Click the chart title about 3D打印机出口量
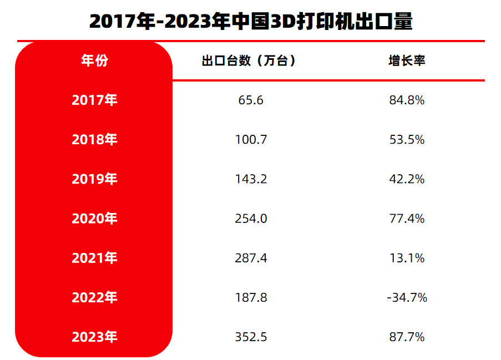point(251,21)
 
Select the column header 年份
point(94,60)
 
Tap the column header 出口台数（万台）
point(249,60)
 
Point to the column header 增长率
point(407,60)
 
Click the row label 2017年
point(94,100)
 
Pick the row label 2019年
point(94,179)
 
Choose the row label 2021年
point(94,258)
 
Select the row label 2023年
point(94,337)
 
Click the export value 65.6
point(251,100)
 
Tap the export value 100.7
point(251,140)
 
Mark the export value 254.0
point(251,219)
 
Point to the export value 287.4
point(251,258)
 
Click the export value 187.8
point(251,298)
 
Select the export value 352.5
point(251,337)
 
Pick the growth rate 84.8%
point(407,100)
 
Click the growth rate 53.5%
point(407,140)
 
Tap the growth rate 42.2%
point(407,179)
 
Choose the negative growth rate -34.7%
point(407,298)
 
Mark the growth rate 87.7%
point(407,337)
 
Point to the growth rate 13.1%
point(407,258)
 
